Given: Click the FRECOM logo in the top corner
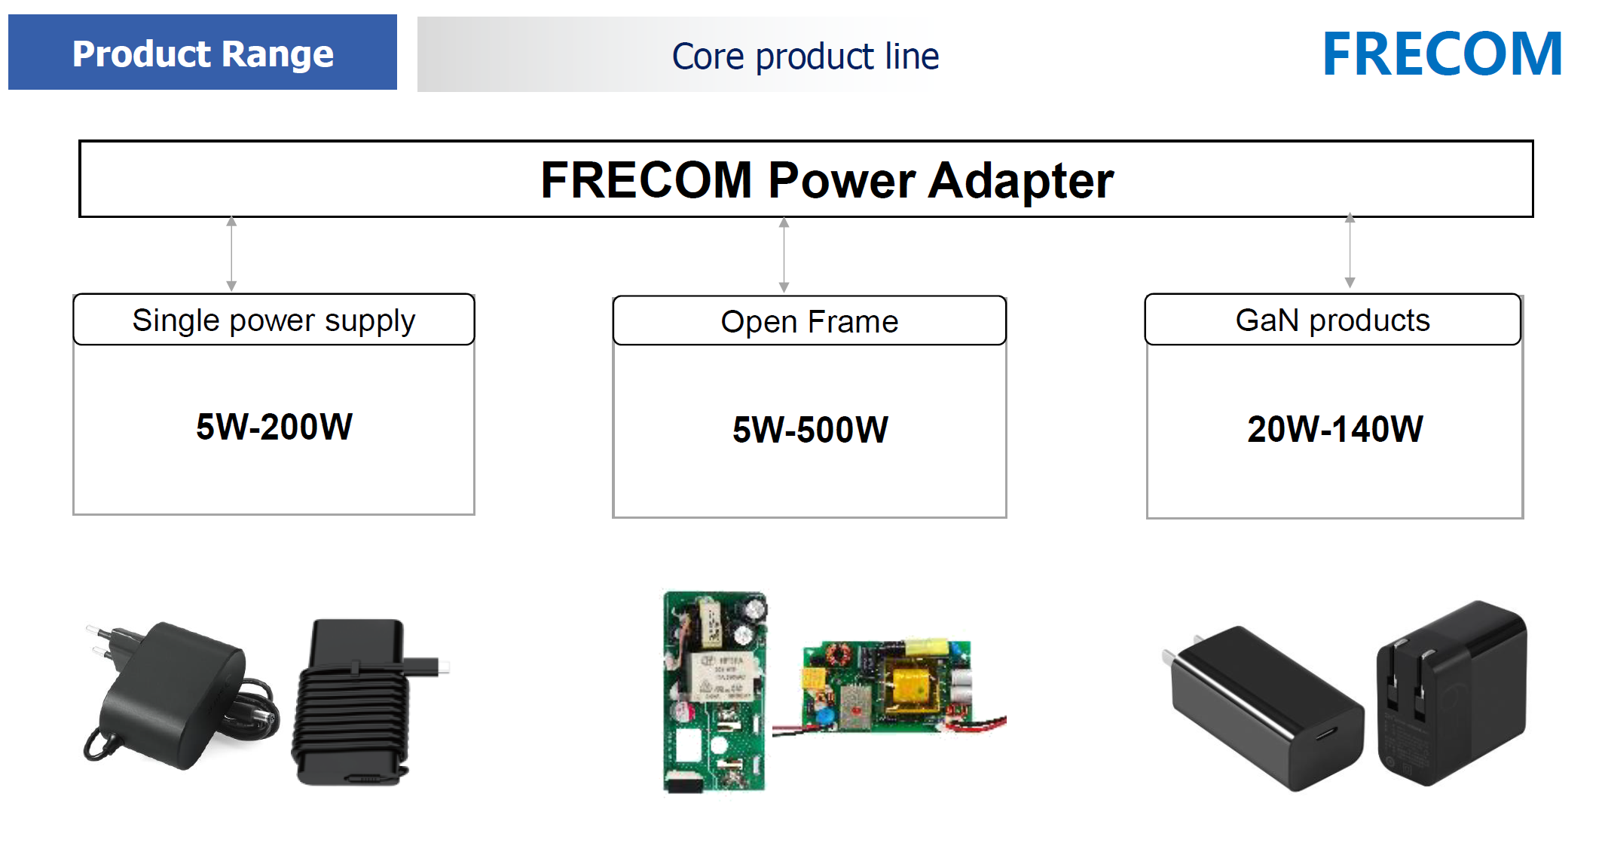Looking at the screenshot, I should point(1441,54).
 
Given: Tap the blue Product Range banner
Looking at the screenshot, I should point(202,53).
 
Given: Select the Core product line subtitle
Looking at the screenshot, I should point(805,57).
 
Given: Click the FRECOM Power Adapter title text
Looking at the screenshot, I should point(827,180).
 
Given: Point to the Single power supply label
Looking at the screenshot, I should point(274,320).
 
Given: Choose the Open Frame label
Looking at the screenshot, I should point(809,322).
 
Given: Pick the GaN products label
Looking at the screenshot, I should point(1332,320).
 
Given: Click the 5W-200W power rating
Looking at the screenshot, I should point(274,427).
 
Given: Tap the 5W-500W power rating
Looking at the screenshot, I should point(810,429).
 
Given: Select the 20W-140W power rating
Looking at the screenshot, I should point(1334,429).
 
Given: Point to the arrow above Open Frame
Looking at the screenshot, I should point(784,255).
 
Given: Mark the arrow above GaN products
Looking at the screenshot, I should point(1350,251).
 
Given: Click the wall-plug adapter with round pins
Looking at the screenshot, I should point(178,694).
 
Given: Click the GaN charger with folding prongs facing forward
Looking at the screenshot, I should point(1451,694).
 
